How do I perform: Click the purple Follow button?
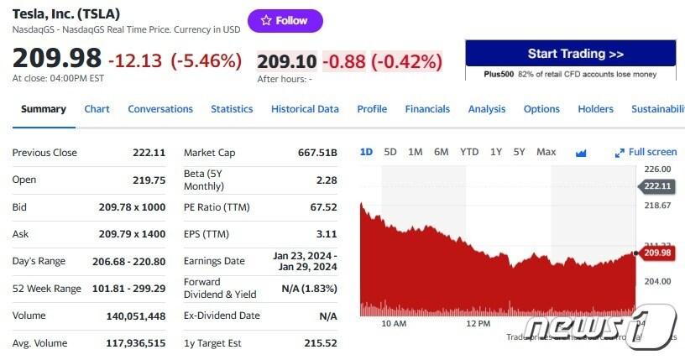click(x=285, y=21)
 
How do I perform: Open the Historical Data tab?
click(x=305, y=109)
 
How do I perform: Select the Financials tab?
click(x=427, y=109)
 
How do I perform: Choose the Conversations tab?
click(x=160, y=109)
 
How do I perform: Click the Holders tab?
click(x=595, y=109)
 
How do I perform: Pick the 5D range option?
click(x=390, y=152)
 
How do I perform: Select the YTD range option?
click(x=469, y=152)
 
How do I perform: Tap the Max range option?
click(x=546, y=152)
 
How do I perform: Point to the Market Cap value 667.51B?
click(x=317, y=153)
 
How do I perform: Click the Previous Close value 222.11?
click(x=149, y=153)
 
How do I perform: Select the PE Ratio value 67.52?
click(x=324, y=207)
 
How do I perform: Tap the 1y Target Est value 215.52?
click(x=321, y=343)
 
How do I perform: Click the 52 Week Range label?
click(x=47, y=289)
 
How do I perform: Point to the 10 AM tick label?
click(x=394, y=323)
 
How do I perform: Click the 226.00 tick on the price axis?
click(x=657, y=170)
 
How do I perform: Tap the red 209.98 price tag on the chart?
click(x=657, y=253)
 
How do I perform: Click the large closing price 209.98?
click(x=57, y=59)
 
